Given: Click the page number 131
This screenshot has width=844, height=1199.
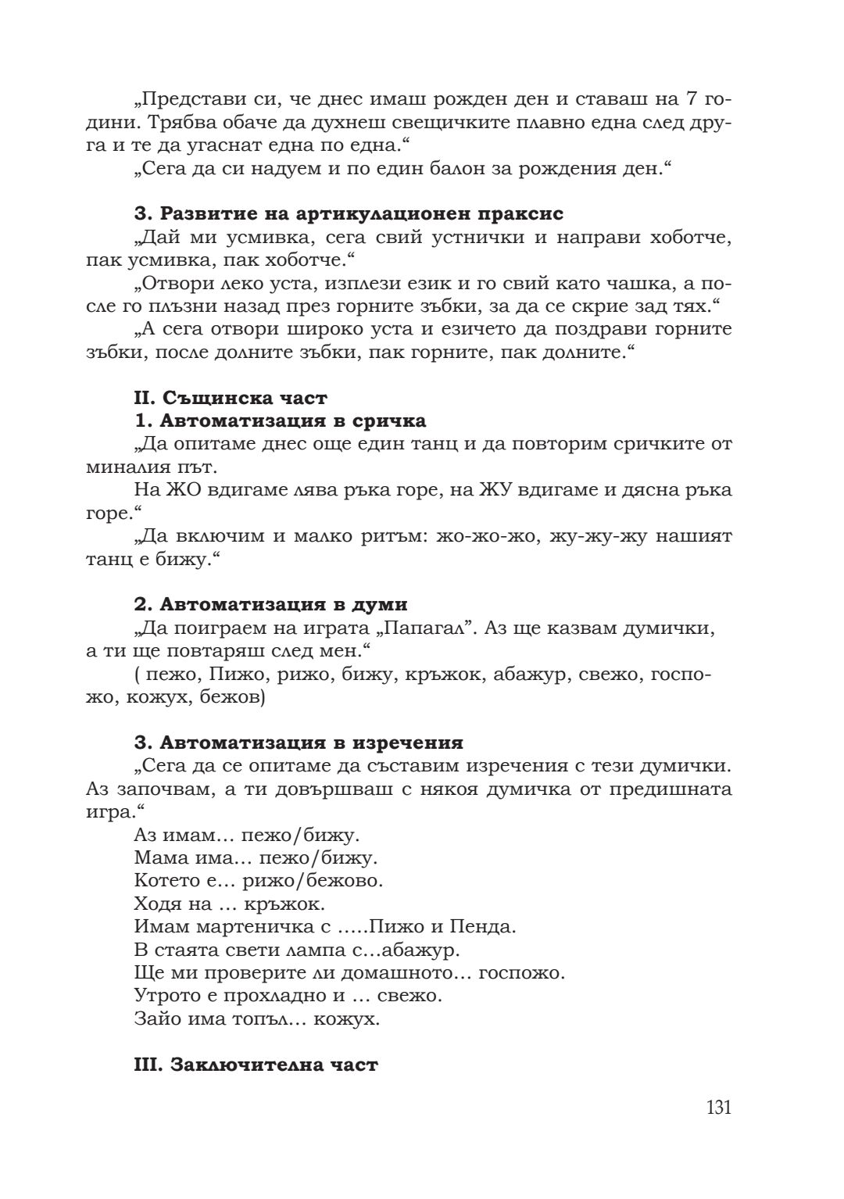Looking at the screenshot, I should point(718,1108).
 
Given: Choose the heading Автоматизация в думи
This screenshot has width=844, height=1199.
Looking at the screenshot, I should point(270,605).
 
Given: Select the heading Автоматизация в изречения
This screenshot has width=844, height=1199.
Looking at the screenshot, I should point(299,743).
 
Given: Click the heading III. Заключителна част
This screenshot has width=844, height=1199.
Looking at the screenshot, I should point(256,1065).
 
